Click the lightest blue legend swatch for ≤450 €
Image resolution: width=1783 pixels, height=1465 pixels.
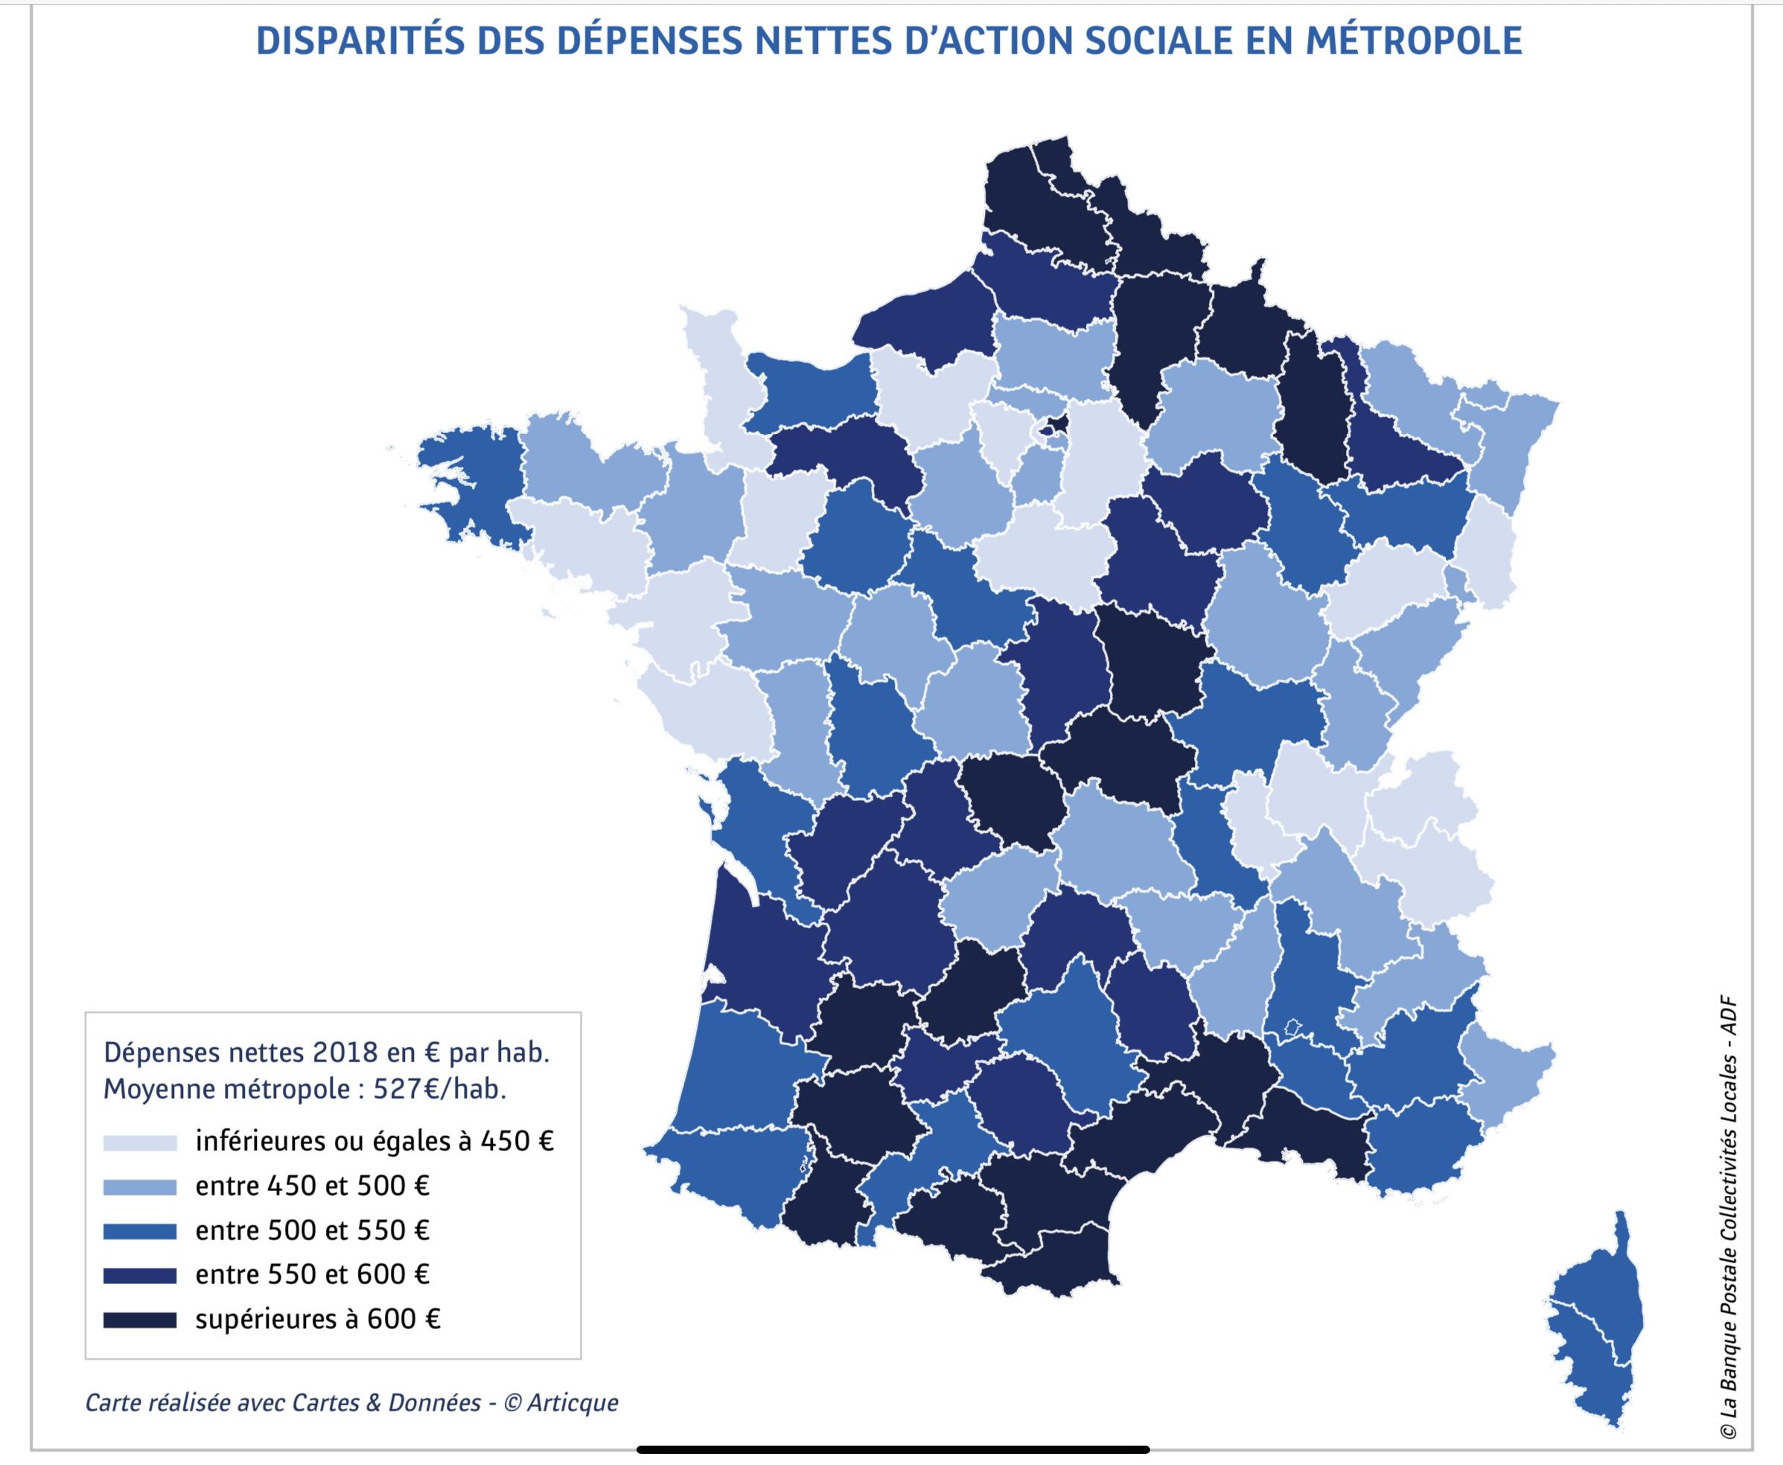pos(140,1143)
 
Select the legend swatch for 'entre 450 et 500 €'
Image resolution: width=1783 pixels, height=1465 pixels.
pos(140,1187)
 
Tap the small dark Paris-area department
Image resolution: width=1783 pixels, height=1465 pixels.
pos(1054,425)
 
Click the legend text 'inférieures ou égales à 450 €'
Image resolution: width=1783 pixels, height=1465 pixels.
pos(374,1142)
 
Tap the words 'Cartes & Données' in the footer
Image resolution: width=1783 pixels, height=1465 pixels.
pos(386,1402)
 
